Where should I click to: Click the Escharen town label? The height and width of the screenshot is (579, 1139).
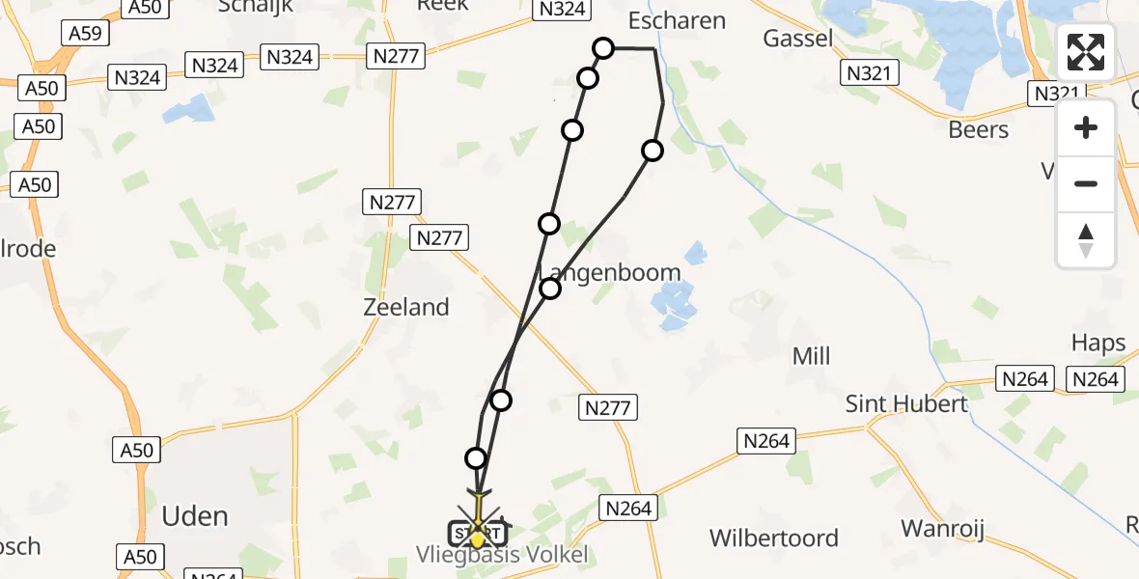[x=677, y=20]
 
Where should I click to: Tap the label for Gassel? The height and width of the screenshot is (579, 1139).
[x=797, y=38]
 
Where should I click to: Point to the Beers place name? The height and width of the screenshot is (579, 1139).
[x=979, y=129]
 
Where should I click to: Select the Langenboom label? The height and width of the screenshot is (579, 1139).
[x=610, y=273]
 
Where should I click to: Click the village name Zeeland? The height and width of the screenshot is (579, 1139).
[x=406, y=308]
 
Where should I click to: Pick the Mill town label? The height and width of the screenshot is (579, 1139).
[x=811, y=356]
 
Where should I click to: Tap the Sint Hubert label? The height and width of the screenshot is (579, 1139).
[x=906, y=403]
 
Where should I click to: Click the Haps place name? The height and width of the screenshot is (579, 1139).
[x=1098, y=343]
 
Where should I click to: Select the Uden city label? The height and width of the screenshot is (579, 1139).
[x=196, y=515]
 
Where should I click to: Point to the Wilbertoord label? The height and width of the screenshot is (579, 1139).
[x=774, y=538]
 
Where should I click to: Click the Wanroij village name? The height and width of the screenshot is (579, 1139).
[x=941, y=528]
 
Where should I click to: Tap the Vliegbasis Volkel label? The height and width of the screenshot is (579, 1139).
[x=502, y=555]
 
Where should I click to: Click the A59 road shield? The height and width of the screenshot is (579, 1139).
[x=86, y=33]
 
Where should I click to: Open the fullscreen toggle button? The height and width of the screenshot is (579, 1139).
[x=1086, y=52]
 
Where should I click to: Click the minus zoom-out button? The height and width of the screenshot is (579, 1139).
[x=1086, y=183]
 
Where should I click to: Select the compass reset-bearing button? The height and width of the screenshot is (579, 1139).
[x=1086, y=239]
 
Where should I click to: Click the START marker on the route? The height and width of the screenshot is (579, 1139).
[x=477, y=533]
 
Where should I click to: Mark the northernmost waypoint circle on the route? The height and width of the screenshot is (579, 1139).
[x=603, y=47]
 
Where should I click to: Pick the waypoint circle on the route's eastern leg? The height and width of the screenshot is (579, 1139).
[x=653, y=150]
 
